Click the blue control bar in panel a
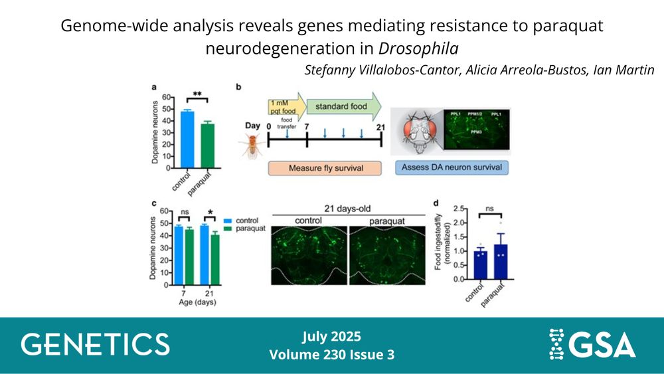[187, 140]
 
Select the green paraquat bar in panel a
[207, 145]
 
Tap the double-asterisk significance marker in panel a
[197, 94]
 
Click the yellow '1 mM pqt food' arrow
[287, 107]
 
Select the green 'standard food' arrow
[343, 107]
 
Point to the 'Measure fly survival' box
[325, 168]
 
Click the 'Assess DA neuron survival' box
[452, 167]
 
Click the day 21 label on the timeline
[380, 127]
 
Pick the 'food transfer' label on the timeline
[287, 124]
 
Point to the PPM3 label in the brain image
[476, 132]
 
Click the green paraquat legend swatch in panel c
[228, 229]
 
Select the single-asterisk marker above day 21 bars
[210, 212]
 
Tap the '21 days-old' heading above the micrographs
[347, 209]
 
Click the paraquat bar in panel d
[501, 262]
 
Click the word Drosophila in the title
[418, 48]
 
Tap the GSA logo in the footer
[592, 343]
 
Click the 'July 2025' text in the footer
[331, 337]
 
